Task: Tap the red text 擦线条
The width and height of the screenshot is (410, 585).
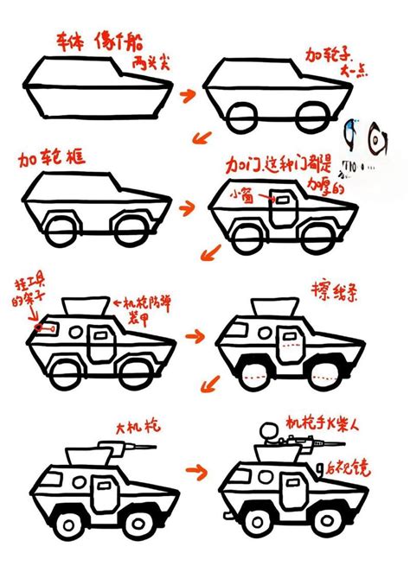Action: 330,289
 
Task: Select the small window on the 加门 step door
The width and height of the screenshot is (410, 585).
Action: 282,200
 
